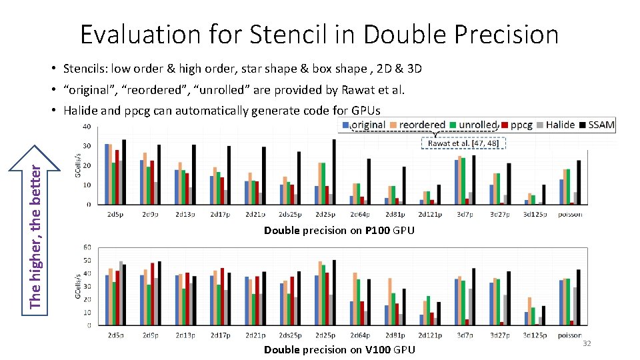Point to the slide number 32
tap(587, 343)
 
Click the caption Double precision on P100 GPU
tap(339, 231)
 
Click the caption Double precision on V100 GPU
tap(339, 349)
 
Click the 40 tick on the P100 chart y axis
tap(87, 127)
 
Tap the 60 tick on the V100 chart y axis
tap(87, 247)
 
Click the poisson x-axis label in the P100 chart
tap(570, 214)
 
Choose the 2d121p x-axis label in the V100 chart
tap(430, 335)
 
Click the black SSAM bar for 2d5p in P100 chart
tap(124, 172)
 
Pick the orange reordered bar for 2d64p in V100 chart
tap(355, 299)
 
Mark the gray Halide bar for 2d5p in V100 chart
tap(121, 293)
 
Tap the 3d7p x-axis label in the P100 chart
tap(465, 214)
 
